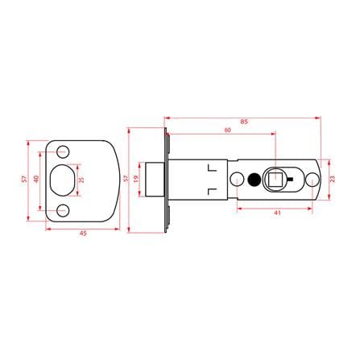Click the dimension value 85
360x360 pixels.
(244, 122)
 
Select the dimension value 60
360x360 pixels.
(227, 130)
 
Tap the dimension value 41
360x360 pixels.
(277, 213)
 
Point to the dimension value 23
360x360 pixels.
(333, 179)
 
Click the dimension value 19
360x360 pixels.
(135, 178)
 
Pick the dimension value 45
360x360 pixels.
(83, 234)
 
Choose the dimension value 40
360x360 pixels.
(36, 179)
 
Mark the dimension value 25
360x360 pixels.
(81, 180)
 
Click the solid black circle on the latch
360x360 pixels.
(254, 180)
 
